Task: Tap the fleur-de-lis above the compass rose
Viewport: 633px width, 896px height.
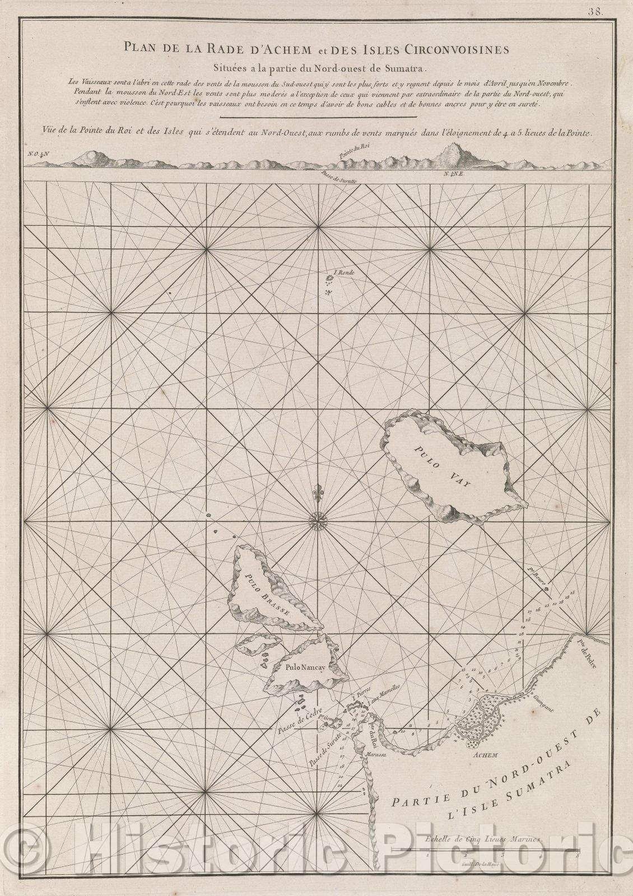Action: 318,490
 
